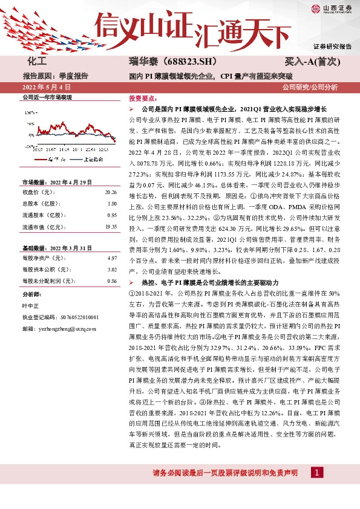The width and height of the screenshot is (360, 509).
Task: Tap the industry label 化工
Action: coord(38,62)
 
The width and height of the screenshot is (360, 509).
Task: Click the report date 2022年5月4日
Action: coord(45,88)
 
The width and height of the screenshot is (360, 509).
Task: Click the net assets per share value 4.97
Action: coord(111,258)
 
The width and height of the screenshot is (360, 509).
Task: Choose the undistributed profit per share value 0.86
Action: coord(111,281)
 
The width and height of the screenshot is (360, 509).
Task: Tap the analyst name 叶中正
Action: coord(31,306)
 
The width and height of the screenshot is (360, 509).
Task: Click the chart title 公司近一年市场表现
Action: coord(47,97)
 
